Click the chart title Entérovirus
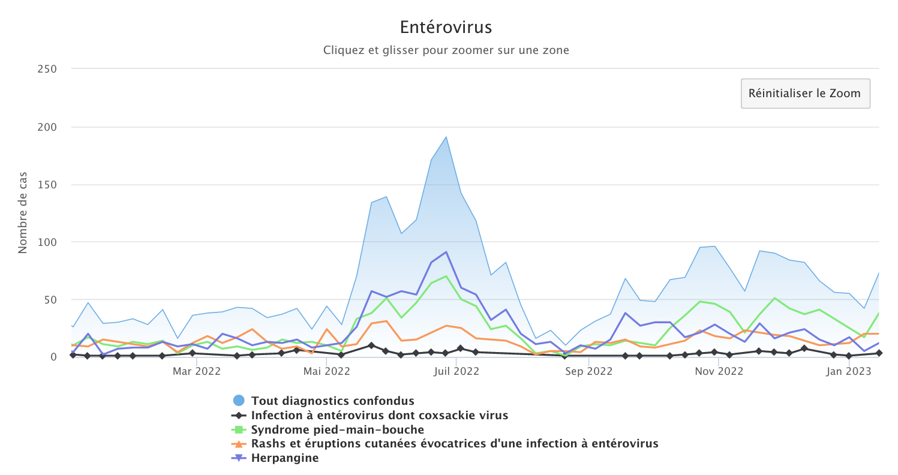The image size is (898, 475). (x=446, y=28)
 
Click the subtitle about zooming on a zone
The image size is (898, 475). (x=446, y=50)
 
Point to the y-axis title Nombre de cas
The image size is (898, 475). (x=23, y=214)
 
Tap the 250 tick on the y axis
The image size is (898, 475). (x=47, y=69)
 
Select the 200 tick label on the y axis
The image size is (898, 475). (x=47, y=127)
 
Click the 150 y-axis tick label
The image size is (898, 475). (x=47, y=185)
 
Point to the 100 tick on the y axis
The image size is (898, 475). (x=47, y=242)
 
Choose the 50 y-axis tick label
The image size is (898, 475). (x=50, y=300)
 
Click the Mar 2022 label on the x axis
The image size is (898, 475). (x=197, y=371)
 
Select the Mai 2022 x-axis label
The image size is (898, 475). (x=327, y=371)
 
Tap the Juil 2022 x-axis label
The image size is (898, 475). (x=456, y=371)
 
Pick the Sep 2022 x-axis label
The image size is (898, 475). (x=588, y=371)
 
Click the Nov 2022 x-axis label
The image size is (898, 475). (x=718, y=371)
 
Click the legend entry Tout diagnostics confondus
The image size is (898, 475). (x=332, y=401)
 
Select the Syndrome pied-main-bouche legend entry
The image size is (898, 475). (x=337, y=430)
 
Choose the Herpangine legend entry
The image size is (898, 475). (x=285, y=459)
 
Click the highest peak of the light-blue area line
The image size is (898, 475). (x=446, y=137)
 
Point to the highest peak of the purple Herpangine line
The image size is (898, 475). (x=446, y=252)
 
